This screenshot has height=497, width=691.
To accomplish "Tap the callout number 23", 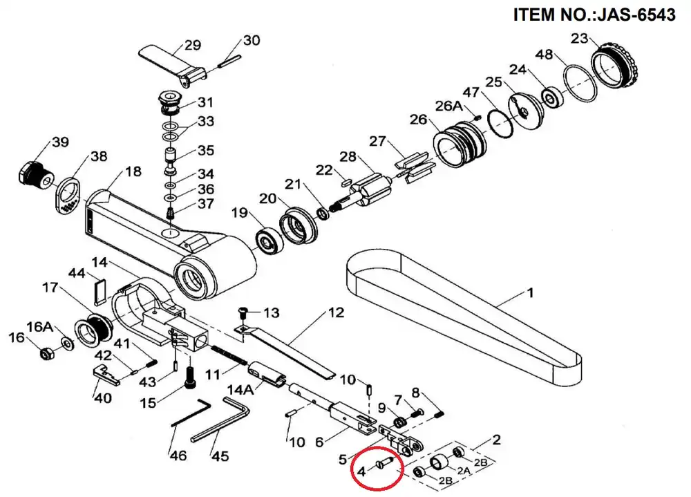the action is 579,39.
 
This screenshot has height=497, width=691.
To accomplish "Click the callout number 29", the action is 193,45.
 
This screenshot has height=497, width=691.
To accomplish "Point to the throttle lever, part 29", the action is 173,66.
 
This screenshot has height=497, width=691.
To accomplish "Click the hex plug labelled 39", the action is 35,176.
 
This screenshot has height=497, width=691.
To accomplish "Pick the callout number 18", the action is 133,171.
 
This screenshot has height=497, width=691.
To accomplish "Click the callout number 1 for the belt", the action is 531,292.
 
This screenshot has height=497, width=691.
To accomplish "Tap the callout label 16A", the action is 39,327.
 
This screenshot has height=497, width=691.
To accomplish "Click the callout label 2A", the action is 464,471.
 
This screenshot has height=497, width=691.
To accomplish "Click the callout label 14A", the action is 240,390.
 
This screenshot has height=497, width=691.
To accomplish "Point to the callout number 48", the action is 545,54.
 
